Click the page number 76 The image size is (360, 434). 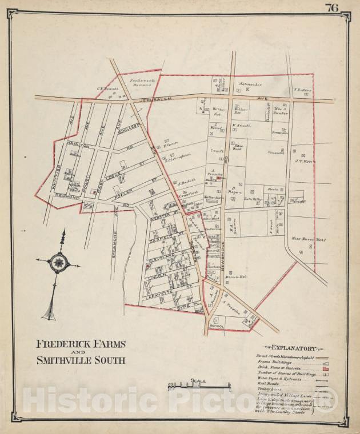click(331, 7)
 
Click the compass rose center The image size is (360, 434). click(58, 263)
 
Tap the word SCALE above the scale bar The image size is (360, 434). click(198, 381)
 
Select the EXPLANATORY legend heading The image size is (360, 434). click(294, 348)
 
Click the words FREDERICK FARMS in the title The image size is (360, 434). click(81, 344)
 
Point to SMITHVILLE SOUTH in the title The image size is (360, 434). click(81, 360)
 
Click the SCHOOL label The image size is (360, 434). click(217, 325)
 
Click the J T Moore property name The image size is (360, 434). click(306, 161)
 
